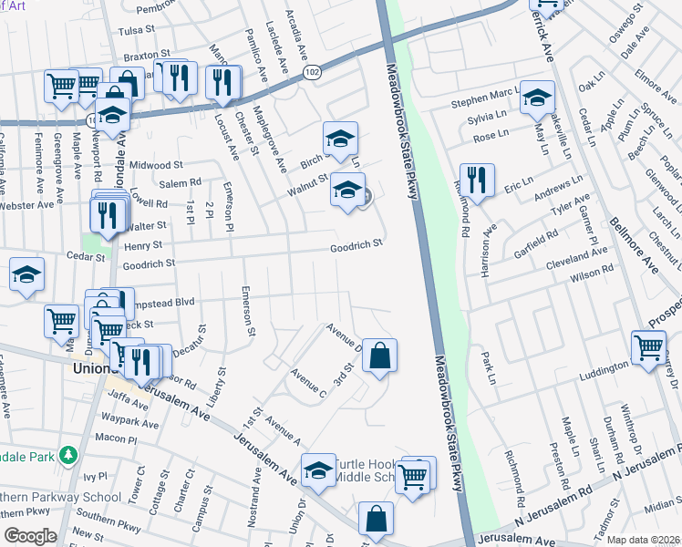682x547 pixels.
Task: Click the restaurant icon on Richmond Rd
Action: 477,180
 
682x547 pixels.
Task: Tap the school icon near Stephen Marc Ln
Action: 538,97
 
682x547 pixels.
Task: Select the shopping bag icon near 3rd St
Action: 379,356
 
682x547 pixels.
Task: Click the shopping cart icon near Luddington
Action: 647,347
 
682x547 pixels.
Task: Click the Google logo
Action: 30,536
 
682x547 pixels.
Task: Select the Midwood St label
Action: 156,165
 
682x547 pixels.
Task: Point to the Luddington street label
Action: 604,366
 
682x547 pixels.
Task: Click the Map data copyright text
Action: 642,539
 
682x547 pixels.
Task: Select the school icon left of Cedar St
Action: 27,273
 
